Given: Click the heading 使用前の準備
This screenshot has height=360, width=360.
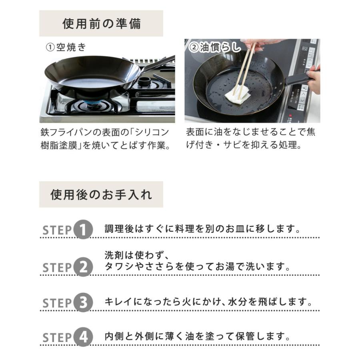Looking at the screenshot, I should point(102,24).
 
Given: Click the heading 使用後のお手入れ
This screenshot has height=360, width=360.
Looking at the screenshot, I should point(101,194).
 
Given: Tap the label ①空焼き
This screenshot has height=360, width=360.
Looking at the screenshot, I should point(66,48).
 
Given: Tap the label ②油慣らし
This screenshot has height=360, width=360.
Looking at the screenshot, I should point(215,48).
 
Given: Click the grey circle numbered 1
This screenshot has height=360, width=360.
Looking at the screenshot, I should point(83,230).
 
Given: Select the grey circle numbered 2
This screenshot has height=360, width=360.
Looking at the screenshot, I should point(83,267).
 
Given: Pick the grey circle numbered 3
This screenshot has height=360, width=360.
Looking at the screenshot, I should point(83,303).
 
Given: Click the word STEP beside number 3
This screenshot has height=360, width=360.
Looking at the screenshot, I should point(57,304).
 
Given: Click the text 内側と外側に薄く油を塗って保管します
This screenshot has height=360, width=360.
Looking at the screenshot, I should point(197,336).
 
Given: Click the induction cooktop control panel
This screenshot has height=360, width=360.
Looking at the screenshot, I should point(304,80).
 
